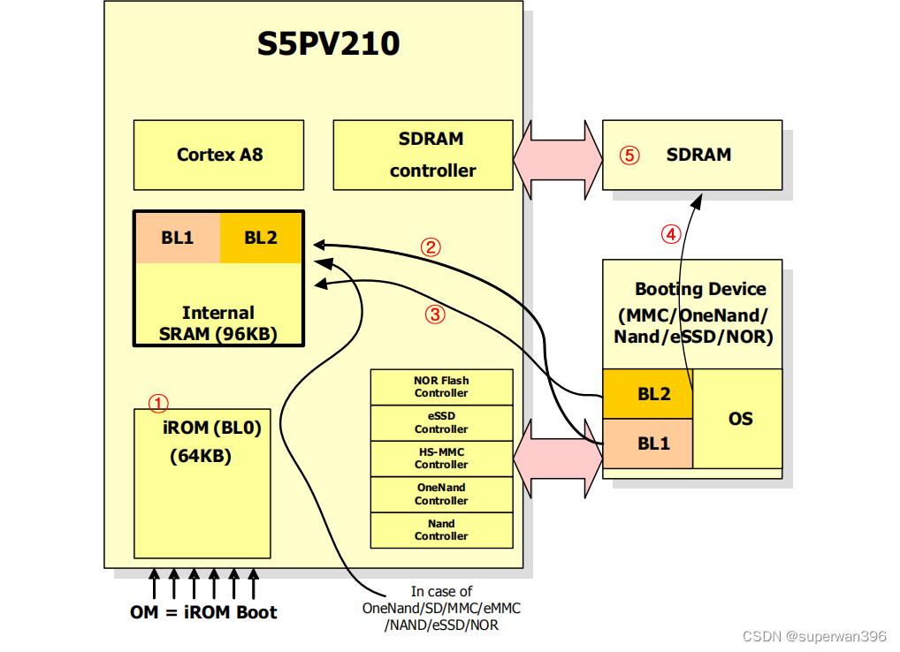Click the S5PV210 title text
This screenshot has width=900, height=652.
(328, 43)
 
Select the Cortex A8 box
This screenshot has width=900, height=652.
(219, 155)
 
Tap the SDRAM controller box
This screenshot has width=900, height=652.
(423, 155)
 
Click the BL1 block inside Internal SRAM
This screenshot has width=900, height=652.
(177, 238)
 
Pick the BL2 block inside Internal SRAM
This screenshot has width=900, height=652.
(261, 238)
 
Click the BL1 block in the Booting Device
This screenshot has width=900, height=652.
(648, 444)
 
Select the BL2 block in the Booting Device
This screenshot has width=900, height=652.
(648, 394)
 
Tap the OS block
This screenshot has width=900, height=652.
(740, 418)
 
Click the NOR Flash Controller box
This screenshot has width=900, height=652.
(441, 387)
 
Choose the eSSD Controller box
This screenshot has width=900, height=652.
(441, 423)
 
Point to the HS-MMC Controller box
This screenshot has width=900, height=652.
(441, 459)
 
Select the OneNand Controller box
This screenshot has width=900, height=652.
(441, 494)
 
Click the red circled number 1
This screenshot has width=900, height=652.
(157, 404)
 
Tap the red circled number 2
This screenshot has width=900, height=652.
(431, 247)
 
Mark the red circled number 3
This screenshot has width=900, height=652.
(434, 313)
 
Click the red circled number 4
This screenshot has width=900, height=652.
(671, 234)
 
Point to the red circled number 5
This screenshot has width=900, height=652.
(629, 155)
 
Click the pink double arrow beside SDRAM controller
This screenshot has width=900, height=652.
(557, 155)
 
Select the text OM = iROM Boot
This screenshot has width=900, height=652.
(203, 612)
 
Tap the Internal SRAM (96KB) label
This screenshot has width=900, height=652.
(217, 323)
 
